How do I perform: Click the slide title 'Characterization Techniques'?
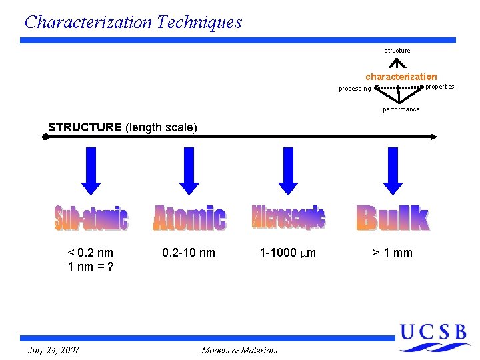click(x=133, y=22)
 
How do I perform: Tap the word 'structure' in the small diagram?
click(x=397, y=51)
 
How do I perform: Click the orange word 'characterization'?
click(x=401, y=77)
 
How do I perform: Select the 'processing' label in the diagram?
click(x=355, y=89)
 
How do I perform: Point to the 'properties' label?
click(x=440, y=87)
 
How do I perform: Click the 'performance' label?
click(x=401, y=109)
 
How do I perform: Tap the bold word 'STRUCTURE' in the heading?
click(x=85, y=127)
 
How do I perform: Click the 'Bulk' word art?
click(x=393, y=219)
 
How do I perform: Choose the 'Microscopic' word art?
click(x=289, y=217)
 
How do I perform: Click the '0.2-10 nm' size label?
click(x=189, y=253)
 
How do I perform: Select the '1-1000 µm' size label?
click(x=288, y=253)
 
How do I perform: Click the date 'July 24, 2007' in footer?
click(x=54, y=350)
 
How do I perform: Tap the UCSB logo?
click(x=434, y=337)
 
